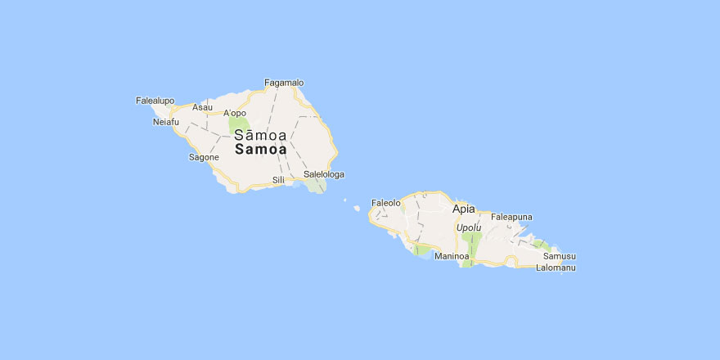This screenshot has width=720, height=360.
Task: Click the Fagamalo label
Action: point(284,83)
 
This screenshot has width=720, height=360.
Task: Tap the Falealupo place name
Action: point(155,101)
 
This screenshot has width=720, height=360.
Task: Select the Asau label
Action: point(202,107)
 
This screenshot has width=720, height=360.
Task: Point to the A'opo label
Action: point(235,113)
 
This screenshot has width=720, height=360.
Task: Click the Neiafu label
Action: point(165,123)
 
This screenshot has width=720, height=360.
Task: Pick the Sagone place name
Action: point(204,156)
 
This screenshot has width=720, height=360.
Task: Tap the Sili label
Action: point(278,179)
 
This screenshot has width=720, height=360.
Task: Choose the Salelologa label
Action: point(323,174)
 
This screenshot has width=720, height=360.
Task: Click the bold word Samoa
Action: point(260,150)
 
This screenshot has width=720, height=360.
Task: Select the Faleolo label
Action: point(386,202)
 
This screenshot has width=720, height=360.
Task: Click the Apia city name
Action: point(463,209)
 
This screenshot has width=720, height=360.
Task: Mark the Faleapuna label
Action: point(511,217)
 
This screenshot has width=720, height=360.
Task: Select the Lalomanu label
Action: point(556,268)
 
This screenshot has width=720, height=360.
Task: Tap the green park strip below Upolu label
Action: point(470,246)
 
